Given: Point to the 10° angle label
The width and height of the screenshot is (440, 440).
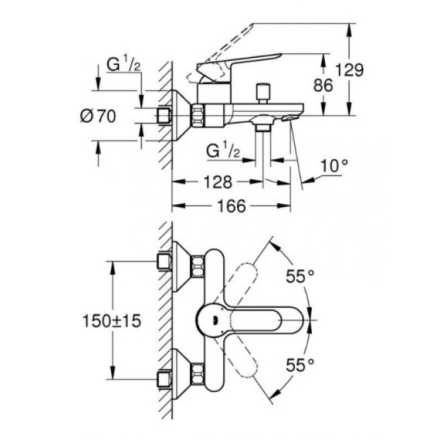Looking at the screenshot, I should tap(335, 166).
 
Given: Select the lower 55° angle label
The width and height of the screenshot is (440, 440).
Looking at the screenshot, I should tap(300, 365).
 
